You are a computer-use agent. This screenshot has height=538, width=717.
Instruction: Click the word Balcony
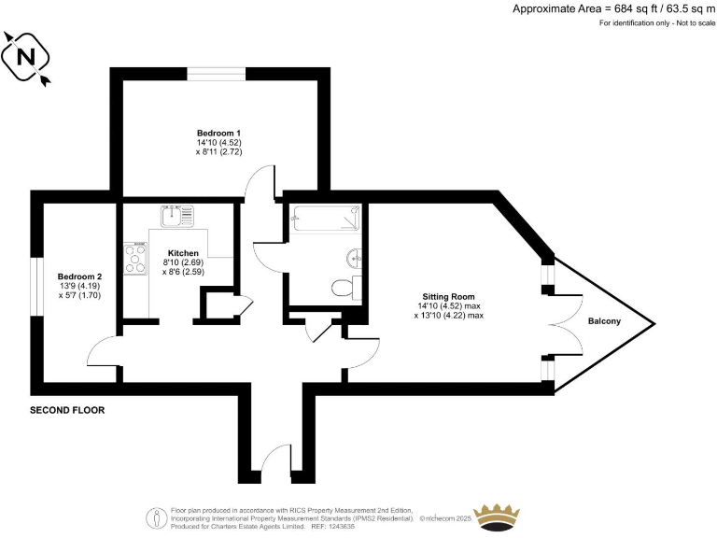605,322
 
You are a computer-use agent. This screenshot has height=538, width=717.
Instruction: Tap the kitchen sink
175,217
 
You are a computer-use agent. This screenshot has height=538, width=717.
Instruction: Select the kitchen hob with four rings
135,259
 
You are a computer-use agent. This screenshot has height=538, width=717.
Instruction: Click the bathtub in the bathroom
326,218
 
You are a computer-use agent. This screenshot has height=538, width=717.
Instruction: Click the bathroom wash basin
354,257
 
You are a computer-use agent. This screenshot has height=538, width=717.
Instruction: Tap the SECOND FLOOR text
67,410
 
